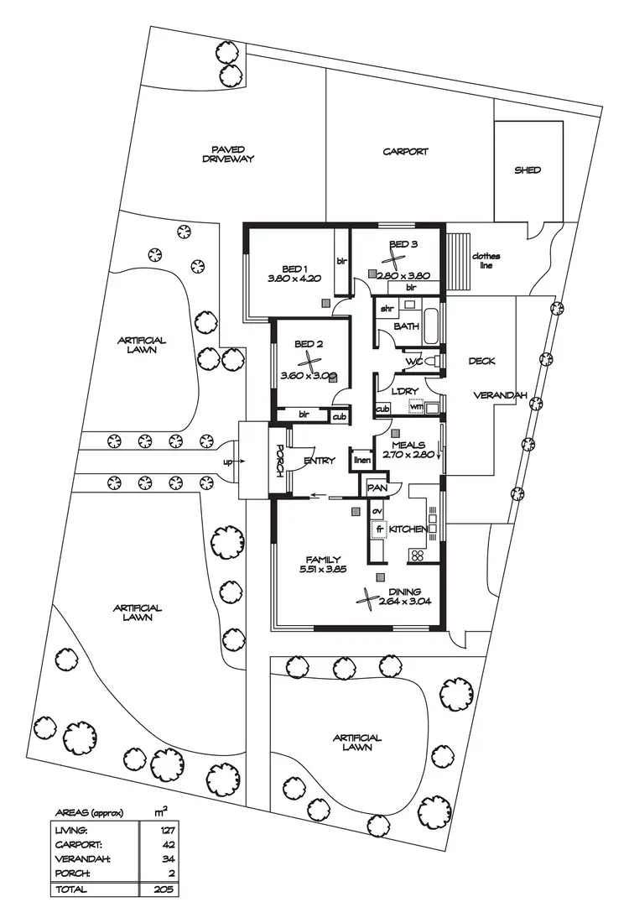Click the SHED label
click(x=528, y=170)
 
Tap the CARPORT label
click(x=406, y=152)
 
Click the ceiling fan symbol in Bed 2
click(x=311, y=362)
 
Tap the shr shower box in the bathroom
click(x=387, y=309)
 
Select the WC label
click(x=413, y=362)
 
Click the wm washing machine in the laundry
click(x=416, y=407)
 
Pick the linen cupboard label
click(x=361, y=460)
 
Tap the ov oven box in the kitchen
click(x=377, y=511)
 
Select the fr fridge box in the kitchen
click(x=378, y=529)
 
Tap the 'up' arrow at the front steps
click(x=230, y=461)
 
